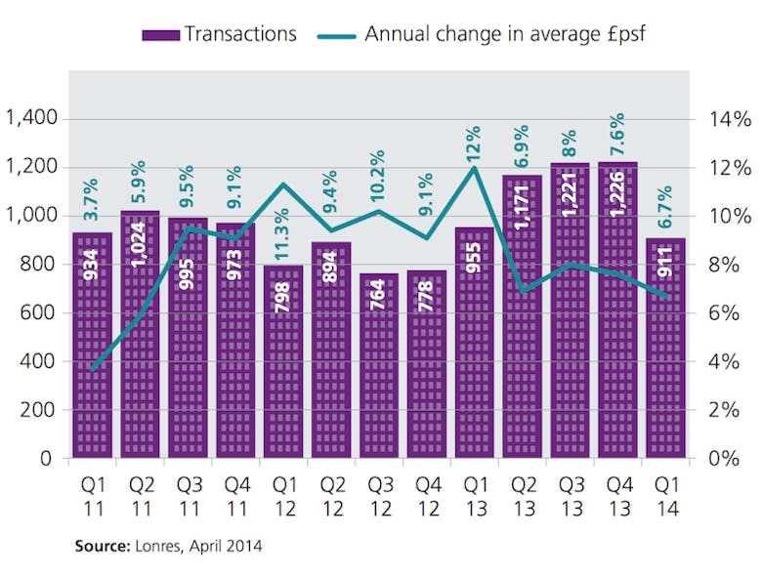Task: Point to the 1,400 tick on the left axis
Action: point(33,119)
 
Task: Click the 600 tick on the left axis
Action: point(40,313)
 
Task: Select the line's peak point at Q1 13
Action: point(474,167)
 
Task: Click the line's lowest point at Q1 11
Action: point(92,369)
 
